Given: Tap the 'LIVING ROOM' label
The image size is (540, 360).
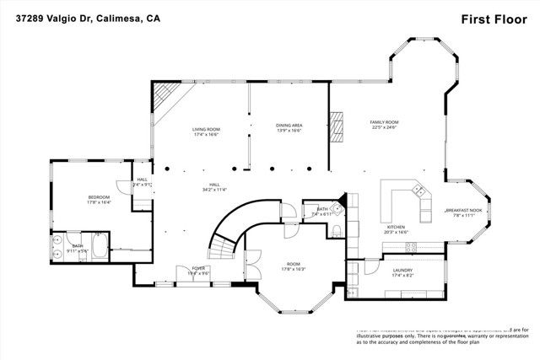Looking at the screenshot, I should click(x=206, y=129).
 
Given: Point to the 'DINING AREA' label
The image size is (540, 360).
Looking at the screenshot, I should click(x=289, y=125).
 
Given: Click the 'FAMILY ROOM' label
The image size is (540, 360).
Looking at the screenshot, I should click(x=384, y=122).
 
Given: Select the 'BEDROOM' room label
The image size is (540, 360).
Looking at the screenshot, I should click(x=99, y=197).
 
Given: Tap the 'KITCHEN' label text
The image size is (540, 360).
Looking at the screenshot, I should click(x=396, y=226).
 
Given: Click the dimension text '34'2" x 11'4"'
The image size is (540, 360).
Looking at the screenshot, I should click(x=214, y=191).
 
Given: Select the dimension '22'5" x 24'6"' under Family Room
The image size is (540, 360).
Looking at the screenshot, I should click(x=384, y=128).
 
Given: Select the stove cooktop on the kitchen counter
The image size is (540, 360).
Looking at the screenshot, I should click(x=411, y=247).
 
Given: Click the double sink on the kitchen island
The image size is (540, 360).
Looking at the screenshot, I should click(x=419, y=193).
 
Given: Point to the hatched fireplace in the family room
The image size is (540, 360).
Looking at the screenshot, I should click(x=337, y=125).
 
